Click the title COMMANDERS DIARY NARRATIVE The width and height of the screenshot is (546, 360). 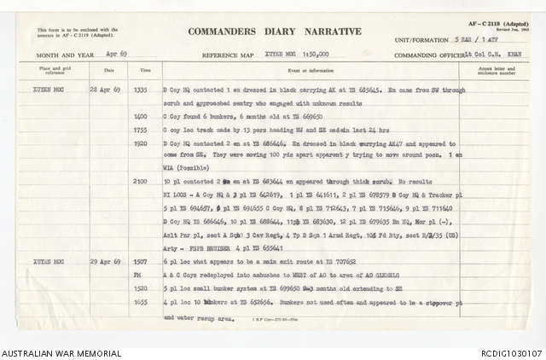point(275,32)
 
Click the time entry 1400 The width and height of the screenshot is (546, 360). point(143,113)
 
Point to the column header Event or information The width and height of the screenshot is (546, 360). point(308,71)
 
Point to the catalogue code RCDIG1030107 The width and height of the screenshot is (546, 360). point(510,352)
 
